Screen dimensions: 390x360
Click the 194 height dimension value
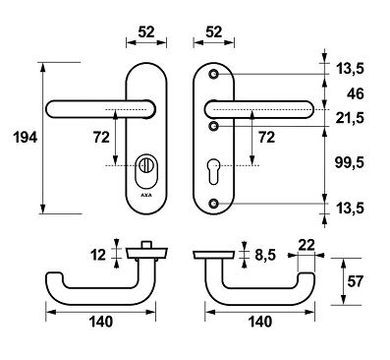tap(26, 138)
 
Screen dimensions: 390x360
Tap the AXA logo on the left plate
tap(146, 195)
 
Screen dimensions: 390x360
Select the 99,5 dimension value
tap(349, 162)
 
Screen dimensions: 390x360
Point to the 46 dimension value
tap(355, 94)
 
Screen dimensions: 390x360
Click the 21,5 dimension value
tap(350, 118)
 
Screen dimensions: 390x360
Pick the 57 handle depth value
tap(355, 281)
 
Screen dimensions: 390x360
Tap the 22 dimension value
tap(306, 245)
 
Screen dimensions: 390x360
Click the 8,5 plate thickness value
tap(265, 255)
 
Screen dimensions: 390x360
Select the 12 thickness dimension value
tap(98, 255)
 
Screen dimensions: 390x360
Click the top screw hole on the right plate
tap(213, 75)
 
